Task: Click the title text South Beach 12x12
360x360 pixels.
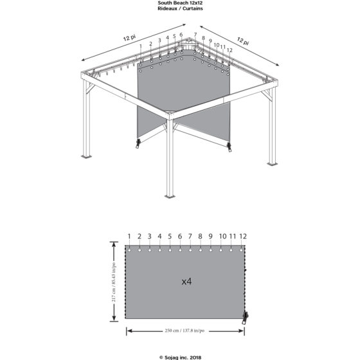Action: pos(180,3)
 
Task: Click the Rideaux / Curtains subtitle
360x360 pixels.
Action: pos(180,8)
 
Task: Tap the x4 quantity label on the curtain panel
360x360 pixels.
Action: pos(186,282)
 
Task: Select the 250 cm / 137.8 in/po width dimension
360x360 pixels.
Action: pos(184,330)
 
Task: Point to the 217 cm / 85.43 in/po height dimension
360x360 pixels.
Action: pos(114,282)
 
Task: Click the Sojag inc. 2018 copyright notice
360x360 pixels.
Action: pos(180,357)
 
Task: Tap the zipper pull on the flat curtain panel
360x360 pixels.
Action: pos(246,318)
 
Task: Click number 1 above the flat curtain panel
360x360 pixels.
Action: pos(129,237)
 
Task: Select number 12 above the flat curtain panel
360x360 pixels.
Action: pos(243,237)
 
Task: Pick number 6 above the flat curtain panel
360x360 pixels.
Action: pos(180,237)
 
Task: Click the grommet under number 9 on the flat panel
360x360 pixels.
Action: pos(211,250)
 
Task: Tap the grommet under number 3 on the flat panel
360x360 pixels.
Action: pos(150,250)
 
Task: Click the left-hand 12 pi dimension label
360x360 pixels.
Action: pos(129,37)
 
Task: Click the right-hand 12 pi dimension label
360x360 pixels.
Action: pos(243,41)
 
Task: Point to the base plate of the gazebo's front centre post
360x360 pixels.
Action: pos(170,196)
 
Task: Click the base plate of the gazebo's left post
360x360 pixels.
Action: pos(86,157)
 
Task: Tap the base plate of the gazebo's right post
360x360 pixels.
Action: pos(272,164)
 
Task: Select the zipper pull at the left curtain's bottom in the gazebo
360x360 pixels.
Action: pos(138,143)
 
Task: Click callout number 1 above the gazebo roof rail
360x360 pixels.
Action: pos(141,46)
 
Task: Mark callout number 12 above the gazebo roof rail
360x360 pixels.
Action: pos(230,50)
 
